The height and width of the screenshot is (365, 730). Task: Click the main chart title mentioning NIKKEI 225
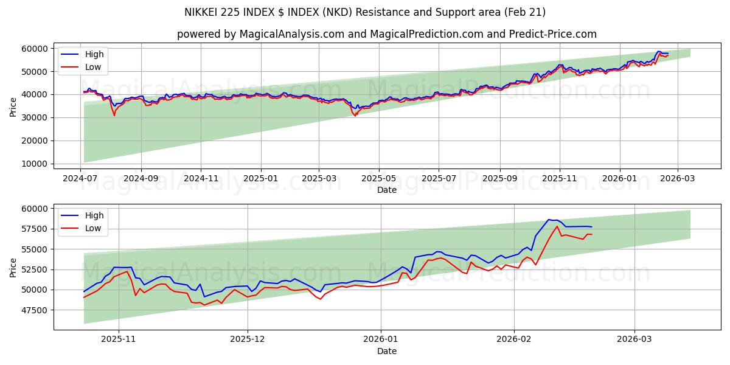click(x=365, y=12)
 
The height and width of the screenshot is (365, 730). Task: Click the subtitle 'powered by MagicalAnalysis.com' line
click(x=387, y=34)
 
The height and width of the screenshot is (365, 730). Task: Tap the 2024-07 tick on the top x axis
click(x=81, y=179)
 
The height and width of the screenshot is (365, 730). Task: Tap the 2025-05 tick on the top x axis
click(x=379, y=179)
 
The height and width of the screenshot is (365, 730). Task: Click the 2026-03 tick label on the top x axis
click(x=677, y=179)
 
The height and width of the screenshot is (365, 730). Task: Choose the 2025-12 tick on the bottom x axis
click(x=249, y=340)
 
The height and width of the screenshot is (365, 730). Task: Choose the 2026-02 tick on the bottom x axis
click(x=514, y=340)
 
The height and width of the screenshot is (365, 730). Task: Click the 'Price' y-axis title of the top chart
click(x=13, y=106)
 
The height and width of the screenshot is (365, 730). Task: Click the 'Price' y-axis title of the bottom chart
click(x=13, y=267)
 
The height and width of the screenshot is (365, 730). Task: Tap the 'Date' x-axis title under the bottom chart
click(x=387, y=351)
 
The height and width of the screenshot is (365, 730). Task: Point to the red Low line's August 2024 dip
click(x=114, y=115)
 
